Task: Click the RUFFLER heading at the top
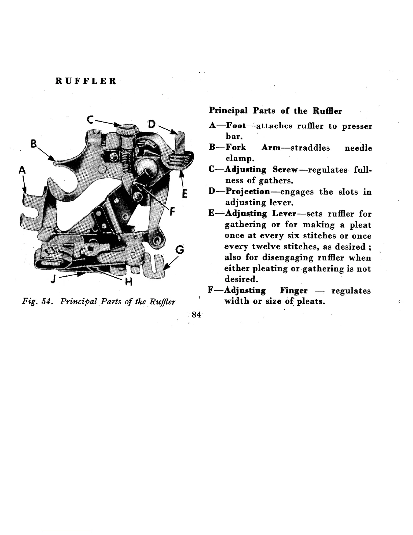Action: (x=86, y=81)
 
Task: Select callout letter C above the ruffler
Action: (x=90, y=120)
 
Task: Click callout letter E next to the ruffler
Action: (x=184, y=195)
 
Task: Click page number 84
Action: (x=196, y=314)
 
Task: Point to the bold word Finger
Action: (x=294, y=290)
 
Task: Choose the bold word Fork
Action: (x=236, y=148)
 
